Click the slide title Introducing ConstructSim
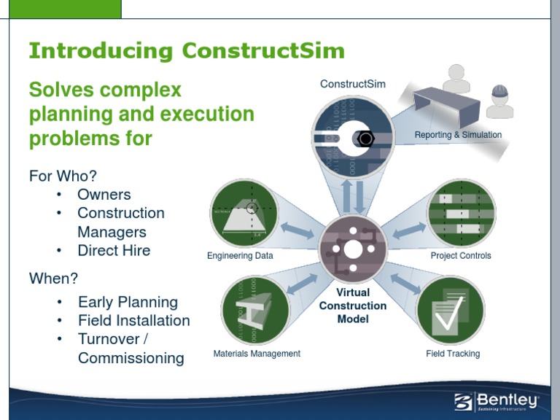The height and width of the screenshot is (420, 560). (186, 52)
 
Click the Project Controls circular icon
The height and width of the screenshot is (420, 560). (461, 214)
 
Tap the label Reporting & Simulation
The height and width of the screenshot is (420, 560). (458, 135)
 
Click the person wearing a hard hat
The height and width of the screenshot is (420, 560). (500, 102)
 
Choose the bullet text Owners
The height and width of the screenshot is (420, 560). (104, 195)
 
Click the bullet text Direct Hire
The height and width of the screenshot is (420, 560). (114, 250)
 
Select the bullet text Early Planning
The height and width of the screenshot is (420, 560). (128, 302)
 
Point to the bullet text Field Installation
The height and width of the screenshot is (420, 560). (133, 321)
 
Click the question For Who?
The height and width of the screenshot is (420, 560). (63, 176)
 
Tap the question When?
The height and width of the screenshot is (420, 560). (53, 278)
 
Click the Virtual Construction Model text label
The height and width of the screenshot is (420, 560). (353, 306)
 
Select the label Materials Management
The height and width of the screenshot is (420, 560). (257, 354)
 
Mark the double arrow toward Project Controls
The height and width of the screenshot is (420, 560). (409, 229)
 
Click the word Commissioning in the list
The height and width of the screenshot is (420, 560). (131, 358)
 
